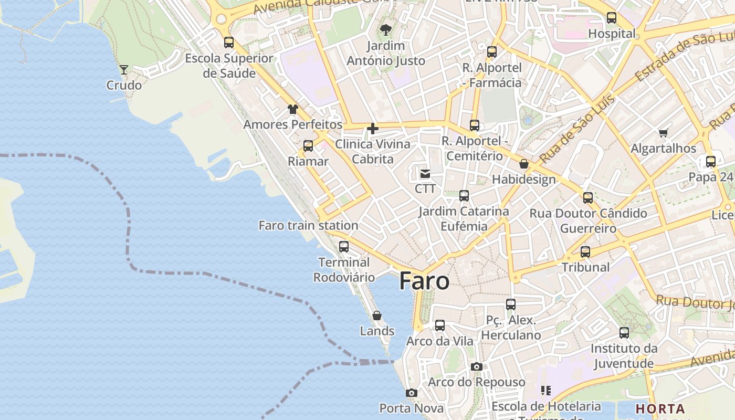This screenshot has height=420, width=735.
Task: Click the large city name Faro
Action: click(424, 281)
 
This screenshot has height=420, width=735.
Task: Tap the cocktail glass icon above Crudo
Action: click(124, 69)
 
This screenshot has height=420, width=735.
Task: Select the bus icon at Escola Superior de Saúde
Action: click(229, 43)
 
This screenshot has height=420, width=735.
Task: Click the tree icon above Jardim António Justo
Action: click(386, 29)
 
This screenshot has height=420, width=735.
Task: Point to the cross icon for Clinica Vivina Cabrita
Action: click(373, 129)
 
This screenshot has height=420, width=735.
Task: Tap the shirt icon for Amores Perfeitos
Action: click(292, 109)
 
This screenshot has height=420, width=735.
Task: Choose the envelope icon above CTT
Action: click(425, 173)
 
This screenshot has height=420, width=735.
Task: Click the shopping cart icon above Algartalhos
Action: click(664, 133)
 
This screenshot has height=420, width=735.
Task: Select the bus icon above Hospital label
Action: click(612, 18)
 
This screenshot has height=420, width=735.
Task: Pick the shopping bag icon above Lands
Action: click(377, 316)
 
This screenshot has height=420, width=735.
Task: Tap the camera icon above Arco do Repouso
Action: click(477, 366)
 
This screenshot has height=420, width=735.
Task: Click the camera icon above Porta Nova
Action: click(412, 393)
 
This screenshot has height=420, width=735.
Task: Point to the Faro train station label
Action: click(309, 226)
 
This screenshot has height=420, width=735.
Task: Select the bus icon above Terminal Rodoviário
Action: click(344, 246)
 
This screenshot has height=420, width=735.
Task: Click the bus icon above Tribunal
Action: click(585, 251)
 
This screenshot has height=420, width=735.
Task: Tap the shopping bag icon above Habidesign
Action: click(524, 164)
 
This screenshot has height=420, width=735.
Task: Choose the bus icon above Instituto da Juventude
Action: click(624, 332)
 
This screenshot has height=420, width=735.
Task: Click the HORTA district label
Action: click(660, 408)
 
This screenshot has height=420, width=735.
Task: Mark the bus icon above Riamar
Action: click(308, 145)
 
